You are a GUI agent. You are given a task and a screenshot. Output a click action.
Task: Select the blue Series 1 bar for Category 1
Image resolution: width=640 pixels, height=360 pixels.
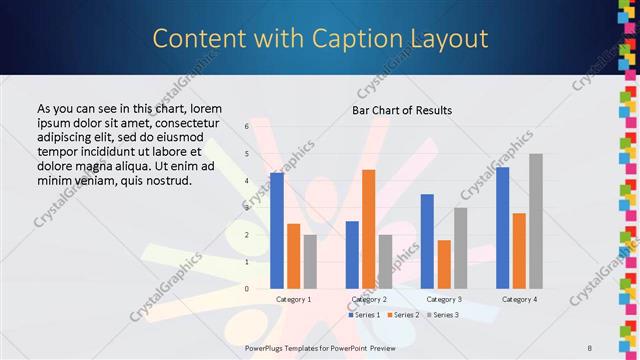277,231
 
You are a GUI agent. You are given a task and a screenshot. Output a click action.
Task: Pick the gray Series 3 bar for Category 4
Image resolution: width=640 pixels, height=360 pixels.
536,221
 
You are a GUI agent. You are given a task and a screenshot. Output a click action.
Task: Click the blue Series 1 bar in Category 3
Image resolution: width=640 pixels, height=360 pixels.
427,241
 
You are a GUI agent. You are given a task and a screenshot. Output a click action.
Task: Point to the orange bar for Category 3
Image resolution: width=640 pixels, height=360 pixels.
443,264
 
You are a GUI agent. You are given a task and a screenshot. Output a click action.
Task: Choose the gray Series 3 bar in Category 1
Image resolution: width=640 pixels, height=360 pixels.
310,262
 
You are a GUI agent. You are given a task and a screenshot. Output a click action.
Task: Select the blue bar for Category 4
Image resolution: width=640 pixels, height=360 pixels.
502,228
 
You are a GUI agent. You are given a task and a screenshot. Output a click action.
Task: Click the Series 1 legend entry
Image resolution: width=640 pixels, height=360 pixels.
364,315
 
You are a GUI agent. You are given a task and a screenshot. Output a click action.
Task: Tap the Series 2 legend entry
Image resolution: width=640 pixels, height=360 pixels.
402,315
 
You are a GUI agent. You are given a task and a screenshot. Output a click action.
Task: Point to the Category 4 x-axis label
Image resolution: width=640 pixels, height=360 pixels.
519,299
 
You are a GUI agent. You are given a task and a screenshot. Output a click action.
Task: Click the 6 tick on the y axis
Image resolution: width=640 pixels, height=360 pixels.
246,127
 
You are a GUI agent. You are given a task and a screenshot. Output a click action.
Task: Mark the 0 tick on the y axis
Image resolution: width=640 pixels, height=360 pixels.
246,289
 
